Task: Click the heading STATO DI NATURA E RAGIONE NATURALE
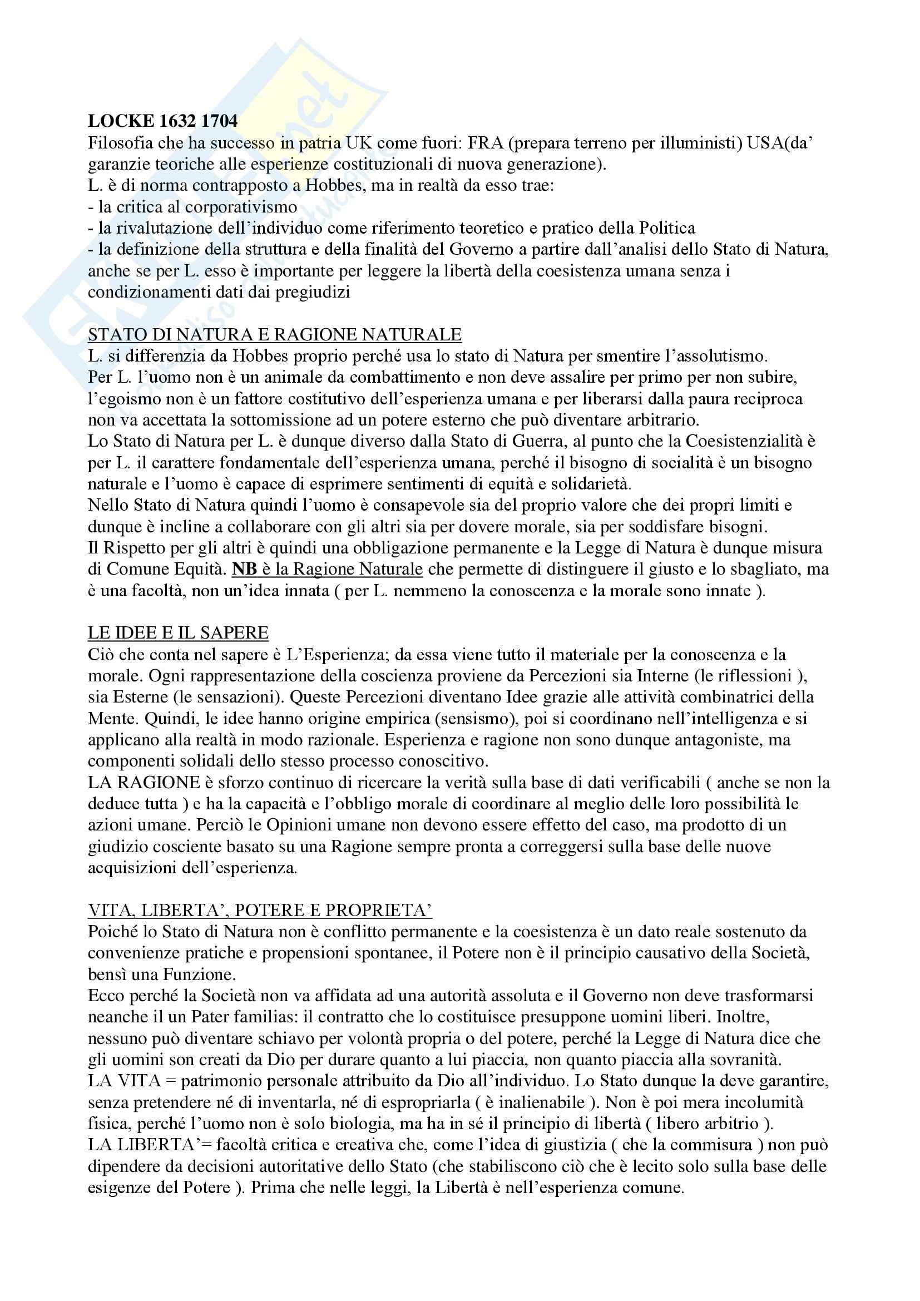(x=275, y=335)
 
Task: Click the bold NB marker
(x=245, y=570)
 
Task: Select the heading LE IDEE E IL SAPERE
(x=178, y=633)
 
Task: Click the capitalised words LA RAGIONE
(x=144, y=783)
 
